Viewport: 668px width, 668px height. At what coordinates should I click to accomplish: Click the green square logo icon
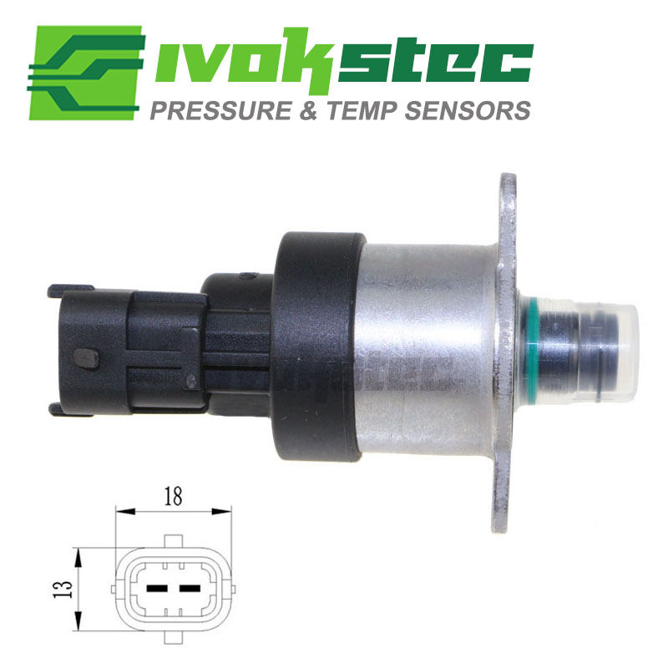85,73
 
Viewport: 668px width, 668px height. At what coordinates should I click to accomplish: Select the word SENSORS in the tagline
468,110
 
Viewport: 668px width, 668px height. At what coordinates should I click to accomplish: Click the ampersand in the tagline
309,110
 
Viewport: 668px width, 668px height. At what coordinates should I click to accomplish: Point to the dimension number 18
174,496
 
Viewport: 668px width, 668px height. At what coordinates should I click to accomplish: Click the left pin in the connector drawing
157,589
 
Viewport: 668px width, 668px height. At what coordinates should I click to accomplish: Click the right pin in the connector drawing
190,589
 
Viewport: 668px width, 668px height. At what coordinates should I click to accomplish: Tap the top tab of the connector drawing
174,541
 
